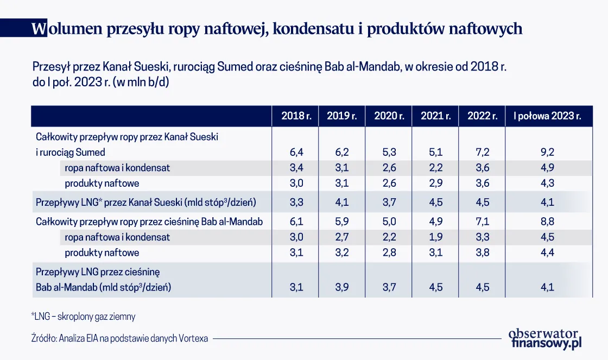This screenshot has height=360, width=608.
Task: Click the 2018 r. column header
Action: click(296, 116)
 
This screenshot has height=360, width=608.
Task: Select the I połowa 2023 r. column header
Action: click(547, 116)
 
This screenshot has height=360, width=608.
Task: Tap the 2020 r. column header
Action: click(389, 116)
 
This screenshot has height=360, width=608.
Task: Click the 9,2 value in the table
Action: click(547, 153)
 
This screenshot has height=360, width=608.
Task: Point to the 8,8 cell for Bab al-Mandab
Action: click(547, 222)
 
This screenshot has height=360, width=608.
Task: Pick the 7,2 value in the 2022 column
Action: click(483, 153)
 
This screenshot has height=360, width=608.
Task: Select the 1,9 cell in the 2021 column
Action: click(436, 237)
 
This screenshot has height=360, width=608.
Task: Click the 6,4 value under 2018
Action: click(296, 153)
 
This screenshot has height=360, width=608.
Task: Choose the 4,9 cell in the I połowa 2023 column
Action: click(547, 168)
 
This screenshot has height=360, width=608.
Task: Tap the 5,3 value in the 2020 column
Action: click(389, 153)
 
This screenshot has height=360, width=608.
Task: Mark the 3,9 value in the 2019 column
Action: click(342, 287)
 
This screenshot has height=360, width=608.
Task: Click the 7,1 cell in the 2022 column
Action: click(483, 222)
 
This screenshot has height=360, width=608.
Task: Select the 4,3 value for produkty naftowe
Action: click(547, 184)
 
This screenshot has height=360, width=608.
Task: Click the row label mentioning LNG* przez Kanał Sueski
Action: click(145, 203)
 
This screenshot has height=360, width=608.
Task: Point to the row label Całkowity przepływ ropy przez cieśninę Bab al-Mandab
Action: click(149, 222)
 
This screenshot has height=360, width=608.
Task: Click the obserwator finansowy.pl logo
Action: click(544, 338)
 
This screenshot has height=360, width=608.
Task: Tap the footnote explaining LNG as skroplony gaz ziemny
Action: click(83, 316)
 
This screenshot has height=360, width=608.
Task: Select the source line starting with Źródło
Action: click(119, 338)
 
